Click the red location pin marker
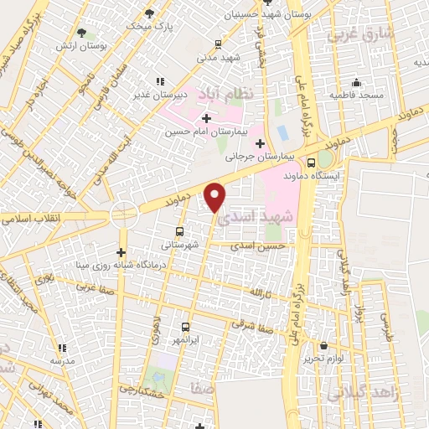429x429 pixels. pos(216,197)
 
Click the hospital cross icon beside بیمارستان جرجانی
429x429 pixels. pos(260,143)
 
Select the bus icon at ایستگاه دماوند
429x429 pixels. pos(311,163)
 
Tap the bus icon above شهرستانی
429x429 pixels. pos(179,231)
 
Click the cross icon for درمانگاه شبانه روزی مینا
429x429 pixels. pos(121,251)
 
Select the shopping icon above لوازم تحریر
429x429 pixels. pos(323,345)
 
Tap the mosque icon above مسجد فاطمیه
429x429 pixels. pos(357,82)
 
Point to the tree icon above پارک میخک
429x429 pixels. pos(150,13)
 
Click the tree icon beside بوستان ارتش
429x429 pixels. pos(81,33)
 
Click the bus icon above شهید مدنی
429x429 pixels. pos(219,44)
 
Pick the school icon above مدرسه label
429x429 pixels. pos(61,348)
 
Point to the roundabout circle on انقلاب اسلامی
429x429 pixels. pos(123,214)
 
